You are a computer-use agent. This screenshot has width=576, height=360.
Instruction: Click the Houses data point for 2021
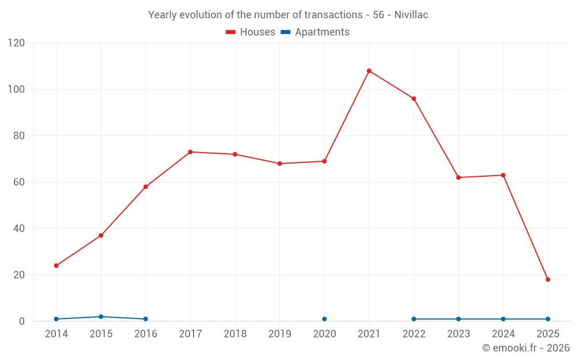click(369, 71)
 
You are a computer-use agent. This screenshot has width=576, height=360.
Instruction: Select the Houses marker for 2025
click(548, 279)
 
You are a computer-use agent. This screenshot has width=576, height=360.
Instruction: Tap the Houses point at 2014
click(56, 266)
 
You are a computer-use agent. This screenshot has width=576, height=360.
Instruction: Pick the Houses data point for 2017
click(190, 152)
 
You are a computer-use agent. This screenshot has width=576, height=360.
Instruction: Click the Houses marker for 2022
click(414, 98)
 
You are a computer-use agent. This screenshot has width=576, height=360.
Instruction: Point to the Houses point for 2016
click(146, 187)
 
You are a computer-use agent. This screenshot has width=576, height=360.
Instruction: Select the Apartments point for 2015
click(101, 317)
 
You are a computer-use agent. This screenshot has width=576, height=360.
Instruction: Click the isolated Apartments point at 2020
click(324, 319)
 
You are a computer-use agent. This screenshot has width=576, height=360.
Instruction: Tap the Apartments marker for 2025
click(548, 319)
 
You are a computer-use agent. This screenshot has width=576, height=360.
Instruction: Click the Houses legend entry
click(251, 32)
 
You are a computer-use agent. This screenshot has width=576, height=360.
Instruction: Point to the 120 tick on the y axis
click(17, 43)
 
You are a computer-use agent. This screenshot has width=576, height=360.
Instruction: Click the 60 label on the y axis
click(19, 182)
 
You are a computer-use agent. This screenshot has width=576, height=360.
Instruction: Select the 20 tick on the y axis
click(19, 275)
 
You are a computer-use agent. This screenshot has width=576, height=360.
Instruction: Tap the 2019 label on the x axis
click(280, 334)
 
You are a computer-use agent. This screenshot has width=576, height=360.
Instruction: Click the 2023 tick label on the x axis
click(458, 334)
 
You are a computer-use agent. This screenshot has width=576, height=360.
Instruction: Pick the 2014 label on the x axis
click(56, 334)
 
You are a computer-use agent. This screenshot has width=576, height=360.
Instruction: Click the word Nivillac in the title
click(411, 15)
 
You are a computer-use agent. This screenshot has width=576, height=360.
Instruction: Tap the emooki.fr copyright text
click(525, 348)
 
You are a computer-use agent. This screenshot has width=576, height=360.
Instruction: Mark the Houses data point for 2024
click(503, 175)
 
